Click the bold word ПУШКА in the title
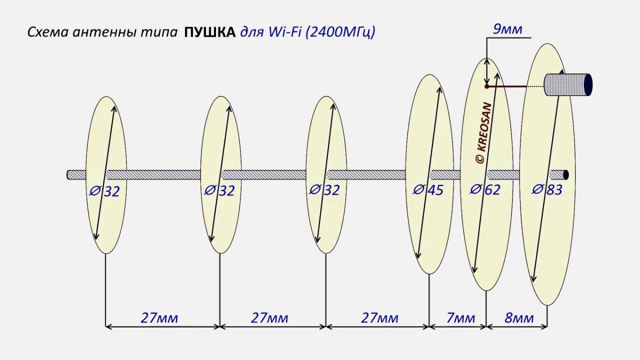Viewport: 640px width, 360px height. point(210,33)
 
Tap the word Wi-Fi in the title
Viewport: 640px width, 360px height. point(284,32)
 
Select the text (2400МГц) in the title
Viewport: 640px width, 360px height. point(341,33)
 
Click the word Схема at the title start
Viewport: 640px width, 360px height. point(48,33)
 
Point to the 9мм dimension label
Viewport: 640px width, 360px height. point(508,29)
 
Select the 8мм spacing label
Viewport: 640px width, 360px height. point(519,318)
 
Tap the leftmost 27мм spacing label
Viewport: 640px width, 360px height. point(159,318)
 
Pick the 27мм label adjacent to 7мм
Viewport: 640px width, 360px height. point(380,318)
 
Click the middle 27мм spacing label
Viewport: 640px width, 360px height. point(270,318)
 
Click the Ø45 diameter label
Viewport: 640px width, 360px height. point(428,190)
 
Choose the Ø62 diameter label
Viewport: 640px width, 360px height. point(485,190)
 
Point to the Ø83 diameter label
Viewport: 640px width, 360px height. point(547,190)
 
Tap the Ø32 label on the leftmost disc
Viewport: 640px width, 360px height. point(105,191)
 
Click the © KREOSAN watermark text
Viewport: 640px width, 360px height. point(484,133)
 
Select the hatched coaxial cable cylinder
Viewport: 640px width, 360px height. point(568,85)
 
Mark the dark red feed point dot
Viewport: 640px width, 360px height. point(486,86)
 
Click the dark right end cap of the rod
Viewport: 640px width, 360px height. point(566,175)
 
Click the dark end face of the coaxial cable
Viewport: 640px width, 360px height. point(588,85)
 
